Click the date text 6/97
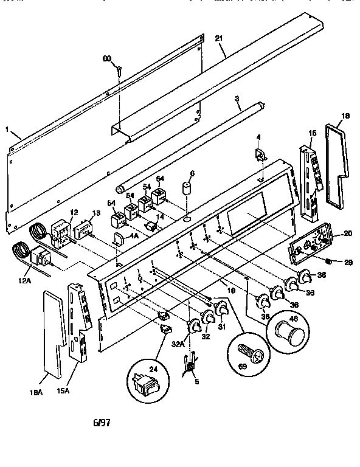(102, 421)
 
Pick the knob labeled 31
(223, 313)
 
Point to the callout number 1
(7, 130)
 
